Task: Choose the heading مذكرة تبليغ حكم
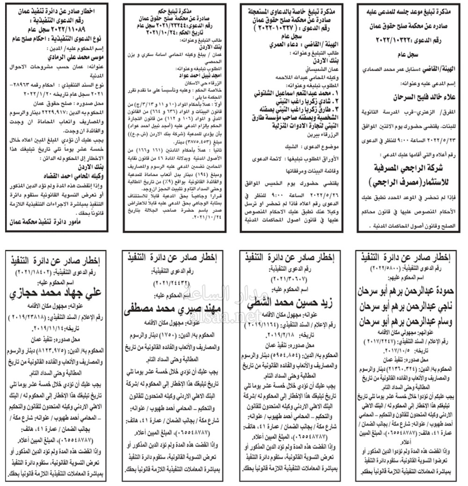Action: pyautogui.click(x=175, y=8)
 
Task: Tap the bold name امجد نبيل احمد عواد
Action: pyautogui.click(x=174, y=74)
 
